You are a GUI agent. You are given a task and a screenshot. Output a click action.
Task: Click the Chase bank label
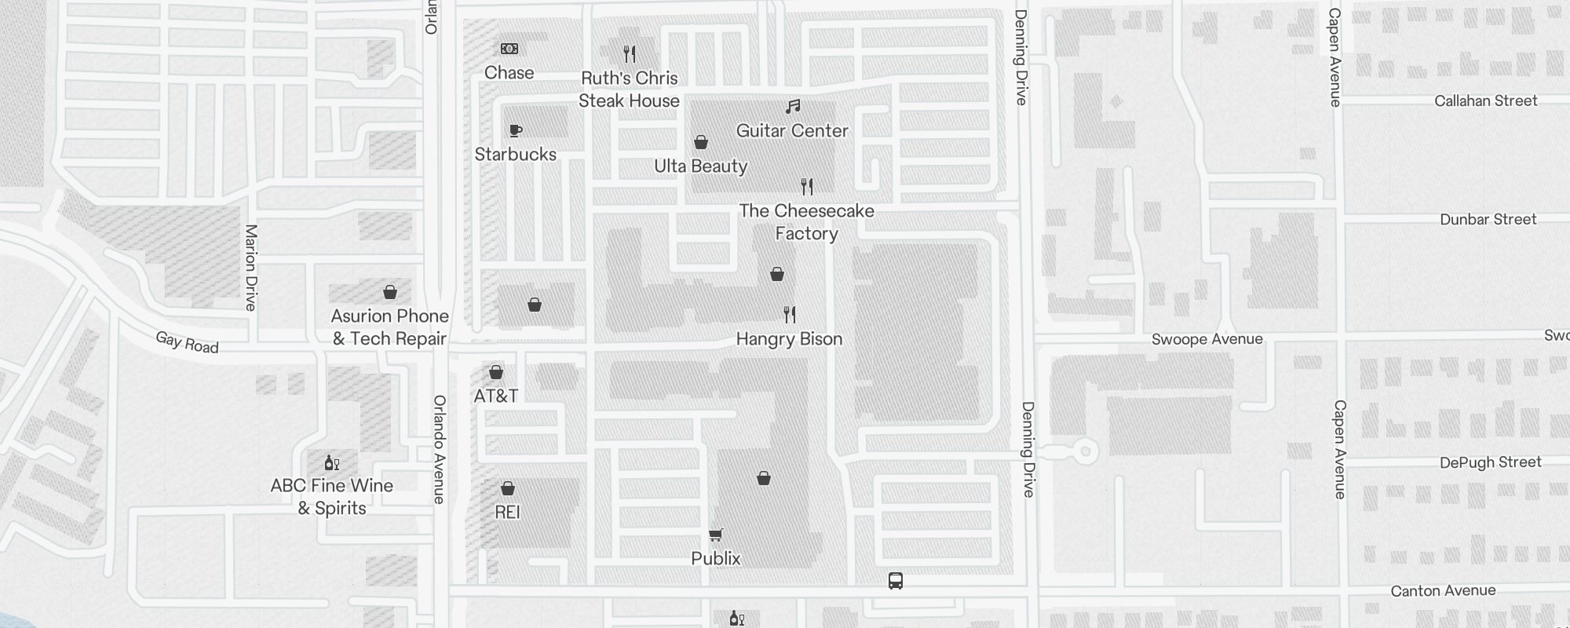click(509, 73)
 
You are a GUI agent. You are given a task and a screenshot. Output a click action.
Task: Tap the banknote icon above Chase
click(509, 49)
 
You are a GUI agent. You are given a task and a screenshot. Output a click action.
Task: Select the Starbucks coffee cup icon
click(515, 130)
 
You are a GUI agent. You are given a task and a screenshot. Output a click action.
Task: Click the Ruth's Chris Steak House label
click(629, 89)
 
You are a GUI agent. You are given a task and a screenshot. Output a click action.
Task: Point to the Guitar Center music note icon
click(793, 106)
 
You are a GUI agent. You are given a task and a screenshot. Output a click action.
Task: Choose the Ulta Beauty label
click(700, 166)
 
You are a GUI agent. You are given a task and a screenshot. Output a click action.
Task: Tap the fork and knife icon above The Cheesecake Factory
click(806, 187)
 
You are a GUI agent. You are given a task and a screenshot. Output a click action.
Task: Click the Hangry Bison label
click(789, 339)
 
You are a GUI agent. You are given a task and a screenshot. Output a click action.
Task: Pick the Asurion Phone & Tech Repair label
click(389, 327)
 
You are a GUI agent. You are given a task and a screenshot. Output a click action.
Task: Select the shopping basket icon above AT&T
click(496, 372)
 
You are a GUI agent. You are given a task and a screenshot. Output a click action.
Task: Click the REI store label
click(507, 513)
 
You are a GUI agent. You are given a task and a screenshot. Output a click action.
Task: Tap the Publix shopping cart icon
click(715, 535)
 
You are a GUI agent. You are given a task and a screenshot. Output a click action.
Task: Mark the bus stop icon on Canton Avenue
click(896, 581)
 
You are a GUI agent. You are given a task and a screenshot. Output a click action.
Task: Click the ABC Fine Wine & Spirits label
click(332, 497)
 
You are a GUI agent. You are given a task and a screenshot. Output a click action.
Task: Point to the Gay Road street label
click(187, 342)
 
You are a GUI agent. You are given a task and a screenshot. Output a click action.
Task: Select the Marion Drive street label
click(250, 268)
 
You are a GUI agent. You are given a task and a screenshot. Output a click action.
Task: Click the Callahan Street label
click(1485, 100)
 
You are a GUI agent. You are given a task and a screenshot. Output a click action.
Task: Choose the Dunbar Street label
click(1488, 220)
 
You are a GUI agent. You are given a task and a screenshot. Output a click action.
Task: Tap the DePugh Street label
click(1490, 462)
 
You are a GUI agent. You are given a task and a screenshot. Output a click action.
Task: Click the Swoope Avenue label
click(1207, 339)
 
